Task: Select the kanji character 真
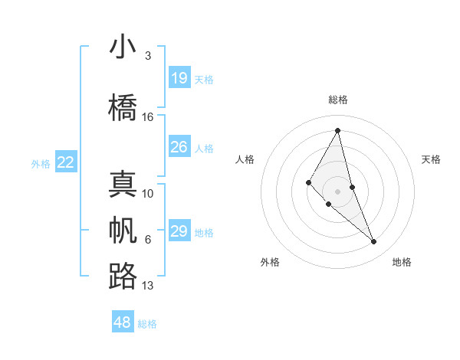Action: click(x=123, y=185)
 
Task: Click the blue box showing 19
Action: click(x=179, y=77)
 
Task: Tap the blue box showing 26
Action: click(x=179, y=147)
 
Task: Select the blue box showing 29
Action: click(x=179, y=231)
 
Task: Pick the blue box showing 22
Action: click(x=66, y=162)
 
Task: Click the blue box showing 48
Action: click(x=122, y=322)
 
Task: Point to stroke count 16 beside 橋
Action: click(x=148, y=117)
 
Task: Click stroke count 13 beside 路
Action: click(x=148, y=286)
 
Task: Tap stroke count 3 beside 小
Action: click(x=147, y=56)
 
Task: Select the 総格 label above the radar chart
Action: click(x=338, y=100)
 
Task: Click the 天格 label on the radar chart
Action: click(x=432, y=159)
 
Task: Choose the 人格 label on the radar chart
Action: click(x=245, y=159)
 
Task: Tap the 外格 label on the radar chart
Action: click(x=270, y=262)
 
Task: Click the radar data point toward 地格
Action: click(x=374, y=242)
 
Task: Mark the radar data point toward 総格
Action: click(x=338, y=130)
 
